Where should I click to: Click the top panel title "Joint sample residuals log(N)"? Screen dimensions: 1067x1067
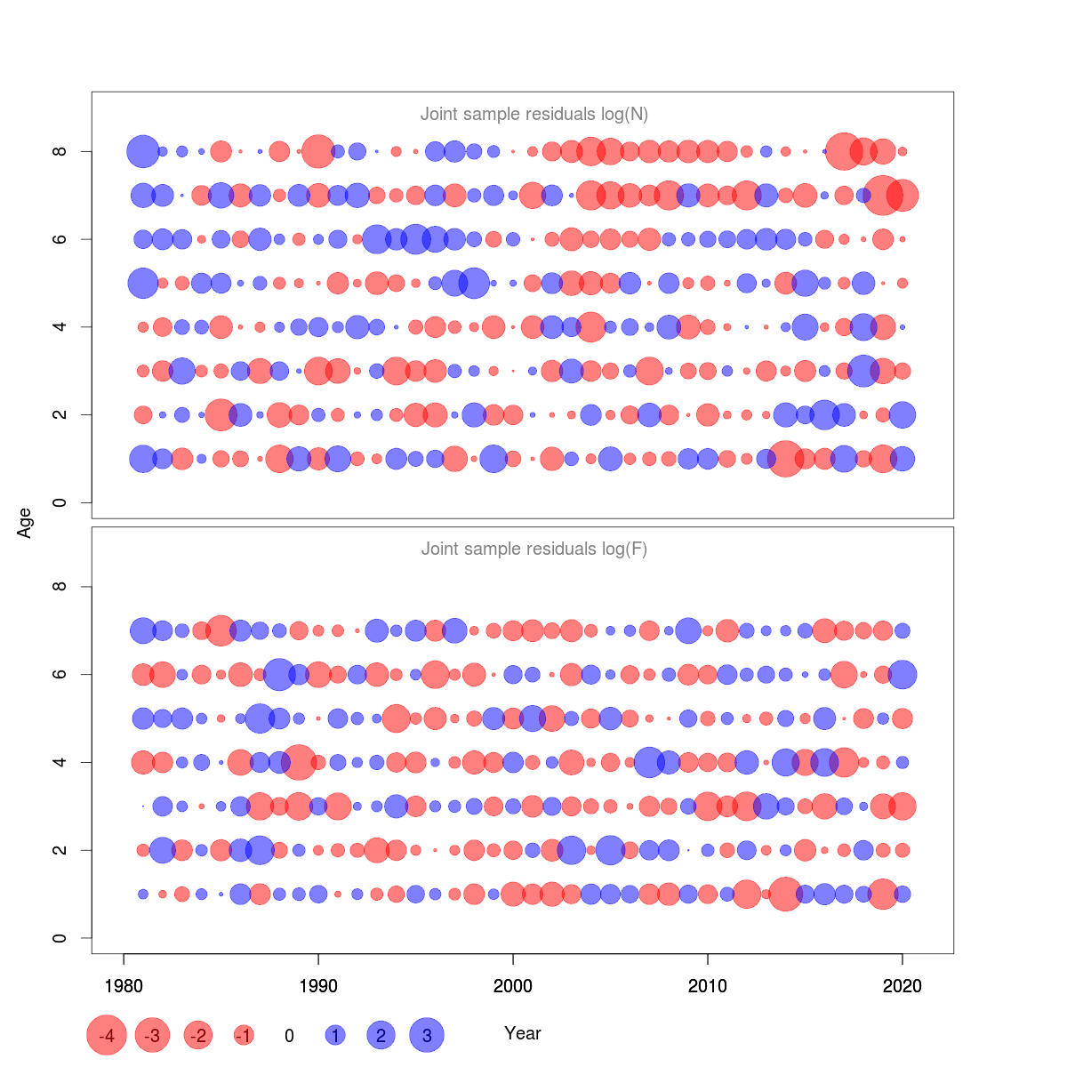tap(533, 115)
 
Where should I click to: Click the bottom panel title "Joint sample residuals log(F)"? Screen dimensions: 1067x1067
tap(533, 550)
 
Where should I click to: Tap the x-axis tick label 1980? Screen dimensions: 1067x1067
tap(124, 986)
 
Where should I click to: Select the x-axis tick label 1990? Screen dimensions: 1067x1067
tap(318, 986)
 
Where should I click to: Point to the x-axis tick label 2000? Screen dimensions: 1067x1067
tap(513, 986)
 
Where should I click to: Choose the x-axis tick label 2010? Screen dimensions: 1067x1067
tap(708, 986)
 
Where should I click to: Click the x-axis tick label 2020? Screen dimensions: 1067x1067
tap(903, 986)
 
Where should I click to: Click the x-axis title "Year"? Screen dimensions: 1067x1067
tap(522, 1033)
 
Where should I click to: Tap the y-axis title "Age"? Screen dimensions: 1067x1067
tap(25, 523)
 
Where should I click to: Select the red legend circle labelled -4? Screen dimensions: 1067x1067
tap(107, 1036)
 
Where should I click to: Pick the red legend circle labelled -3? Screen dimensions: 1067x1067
tap(152, 1036)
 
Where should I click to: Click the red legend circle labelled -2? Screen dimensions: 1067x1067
tap(198, 1036)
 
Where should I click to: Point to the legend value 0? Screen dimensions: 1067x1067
tap(289, 1036)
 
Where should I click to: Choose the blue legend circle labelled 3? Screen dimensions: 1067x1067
tap(427, 1036)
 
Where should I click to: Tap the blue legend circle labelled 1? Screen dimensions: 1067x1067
tap(335, 1036)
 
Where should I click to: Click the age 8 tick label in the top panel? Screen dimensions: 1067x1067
tap(60, 151)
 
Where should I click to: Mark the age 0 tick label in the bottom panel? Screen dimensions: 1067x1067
tap(60, 938)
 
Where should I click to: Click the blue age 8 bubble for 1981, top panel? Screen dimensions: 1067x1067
tap(143, 151)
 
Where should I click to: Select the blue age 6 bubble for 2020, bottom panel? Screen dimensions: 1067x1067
tap(903, 674)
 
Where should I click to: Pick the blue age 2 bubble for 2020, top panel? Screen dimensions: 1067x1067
tap(903, 414)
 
